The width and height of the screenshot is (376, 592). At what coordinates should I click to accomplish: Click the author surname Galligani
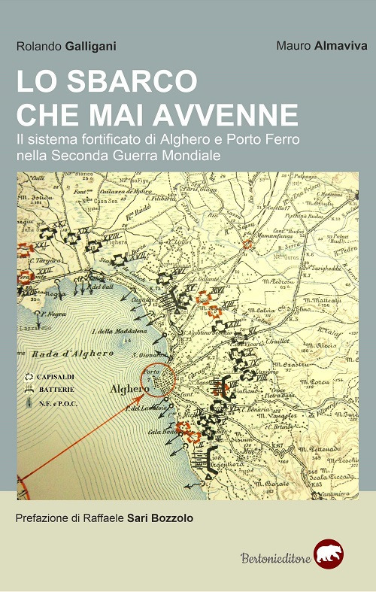click(92, 47)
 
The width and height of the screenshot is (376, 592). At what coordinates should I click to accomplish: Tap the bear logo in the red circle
click(328, 554)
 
